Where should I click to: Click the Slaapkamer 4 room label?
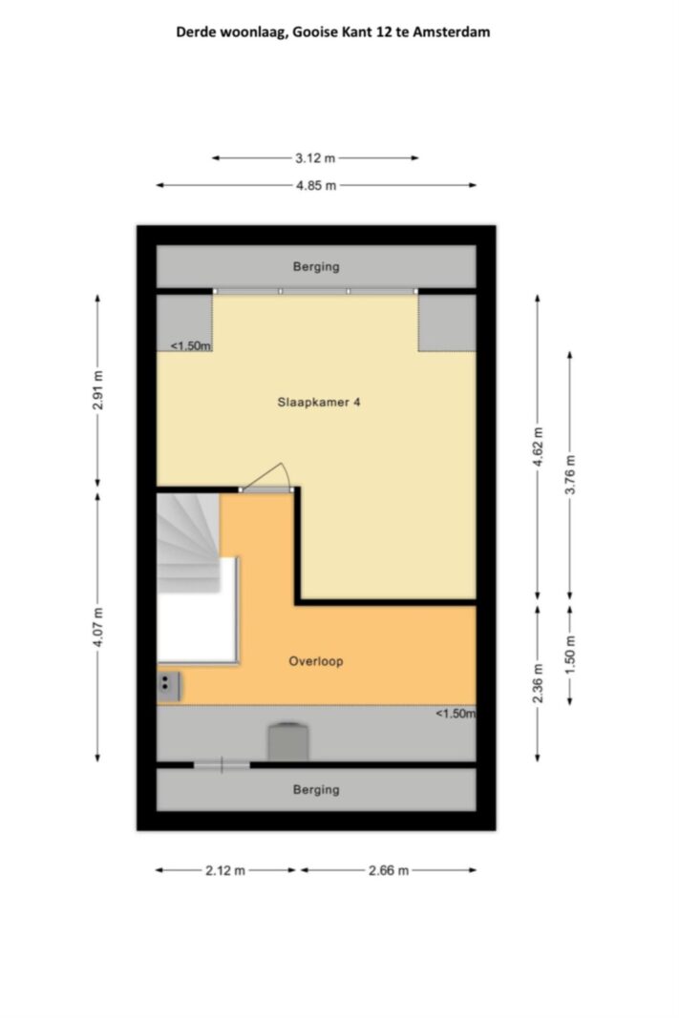click(318, 403)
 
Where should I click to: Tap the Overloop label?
click(316, 661)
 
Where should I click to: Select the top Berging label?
click(316, 267)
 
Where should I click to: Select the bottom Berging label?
click(316, 790)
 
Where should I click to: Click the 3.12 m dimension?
click(315, 157)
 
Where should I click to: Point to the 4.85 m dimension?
click(316, 186)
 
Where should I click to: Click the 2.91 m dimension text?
click(98, 390)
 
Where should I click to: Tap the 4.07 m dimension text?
click(98, 627)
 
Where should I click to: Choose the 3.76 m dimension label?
click(570, 474)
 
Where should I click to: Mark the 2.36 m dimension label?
click(538, 683)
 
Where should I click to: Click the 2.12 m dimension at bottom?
click(225, 871)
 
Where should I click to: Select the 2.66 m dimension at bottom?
click(389, 871)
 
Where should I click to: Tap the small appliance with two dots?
click(168, 686)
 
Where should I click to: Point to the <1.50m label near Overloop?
click(455, 714)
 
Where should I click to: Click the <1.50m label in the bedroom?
click(190, 346)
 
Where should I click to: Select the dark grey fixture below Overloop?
click(289, 741)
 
